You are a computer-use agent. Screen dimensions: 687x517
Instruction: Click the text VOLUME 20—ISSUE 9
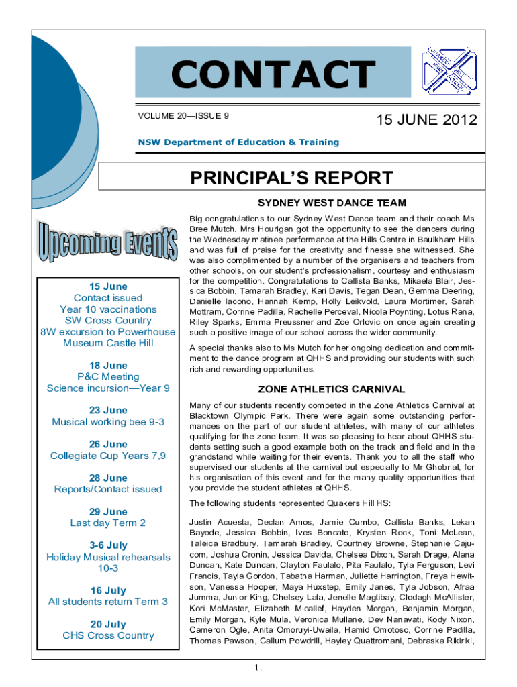click(183, 115)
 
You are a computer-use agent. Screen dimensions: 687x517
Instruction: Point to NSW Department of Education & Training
click(238, 142)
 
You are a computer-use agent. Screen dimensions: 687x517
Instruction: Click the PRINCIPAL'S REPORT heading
click(291, 178)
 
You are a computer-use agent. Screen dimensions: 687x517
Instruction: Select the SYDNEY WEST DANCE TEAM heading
click(332, 203)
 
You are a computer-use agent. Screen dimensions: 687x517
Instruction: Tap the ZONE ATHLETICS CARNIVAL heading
click(332, 389)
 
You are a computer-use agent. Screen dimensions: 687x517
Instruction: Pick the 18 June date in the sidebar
click(108, 366)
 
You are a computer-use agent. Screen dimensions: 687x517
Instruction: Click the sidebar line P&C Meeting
click(108, 377)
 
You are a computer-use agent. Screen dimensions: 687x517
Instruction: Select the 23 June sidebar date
click(108, 411)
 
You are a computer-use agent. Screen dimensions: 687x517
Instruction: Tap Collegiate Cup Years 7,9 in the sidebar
click(108, 456)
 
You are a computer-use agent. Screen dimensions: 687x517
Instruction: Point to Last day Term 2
click(108, 523)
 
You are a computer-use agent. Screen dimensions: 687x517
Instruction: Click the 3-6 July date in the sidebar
click(108, 545)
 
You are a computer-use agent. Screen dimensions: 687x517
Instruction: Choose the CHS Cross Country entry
click(108, 635)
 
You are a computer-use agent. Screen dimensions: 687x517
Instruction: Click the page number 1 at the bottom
click(257, 668)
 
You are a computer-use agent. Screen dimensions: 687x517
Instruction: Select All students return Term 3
click(108, 602)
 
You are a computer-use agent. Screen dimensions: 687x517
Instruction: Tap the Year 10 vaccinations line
click(108, 309)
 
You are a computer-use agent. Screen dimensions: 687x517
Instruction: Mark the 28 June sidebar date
click(108, 478)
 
